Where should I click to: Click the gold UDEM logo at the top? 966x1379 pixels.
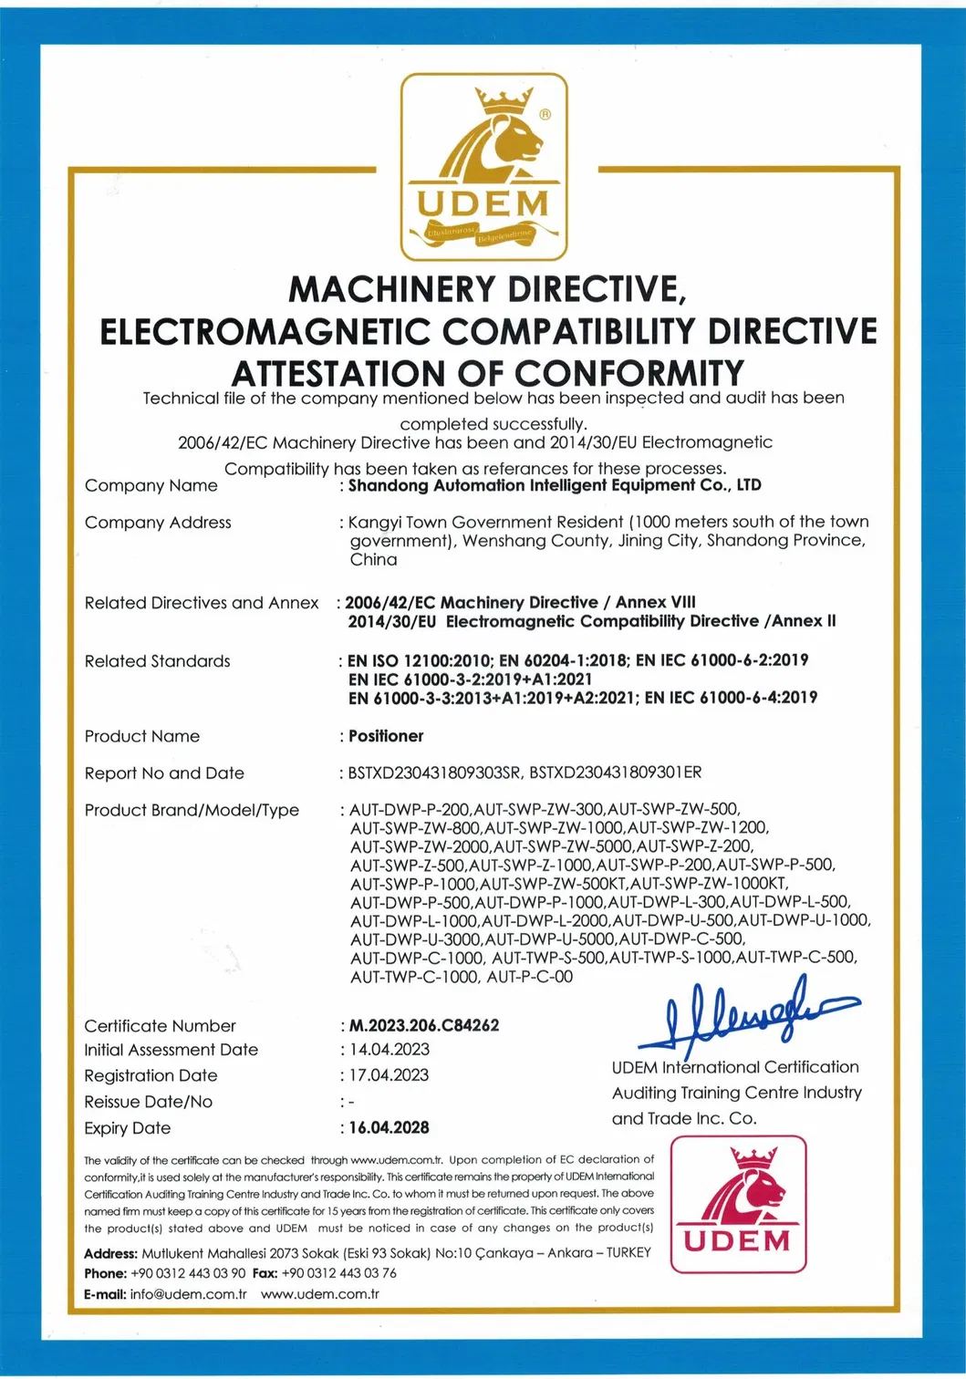[x=484, y=167]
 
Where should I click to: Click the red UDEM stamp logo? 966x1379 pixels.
[x=739, y=1204]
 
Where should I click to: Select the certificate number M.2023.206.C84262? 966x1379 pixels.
[x=424, y=1025]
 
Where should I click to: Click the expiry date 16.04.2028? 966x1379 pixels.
[x=389, y=1127]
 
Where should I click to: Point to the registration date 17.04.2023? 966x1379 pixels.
[x=389, y=1075]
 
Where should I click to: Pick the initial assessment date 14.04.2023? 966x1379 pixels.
[x=389, y=1050]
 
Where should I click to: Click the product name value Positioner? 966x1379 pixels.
[x=386, y=736]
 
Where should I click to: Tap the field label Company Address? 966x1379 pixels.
[x=158, y=523]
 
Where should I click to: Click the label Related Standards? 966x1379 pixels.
[x=157, y=661]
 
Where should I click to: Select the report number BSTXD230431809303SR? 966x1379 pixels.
[x=433, y=773]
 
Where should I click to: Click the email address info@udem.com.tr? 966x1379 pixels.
[x=188, y=1294]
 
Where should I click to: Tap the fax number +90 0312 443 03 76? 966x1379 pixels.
[x=338, y=1273]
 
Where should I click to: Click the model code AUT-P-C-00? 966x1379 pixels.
[x=530, y=977]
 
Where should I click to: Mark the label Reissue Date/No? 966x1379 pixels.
[x=148, y=1102]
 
